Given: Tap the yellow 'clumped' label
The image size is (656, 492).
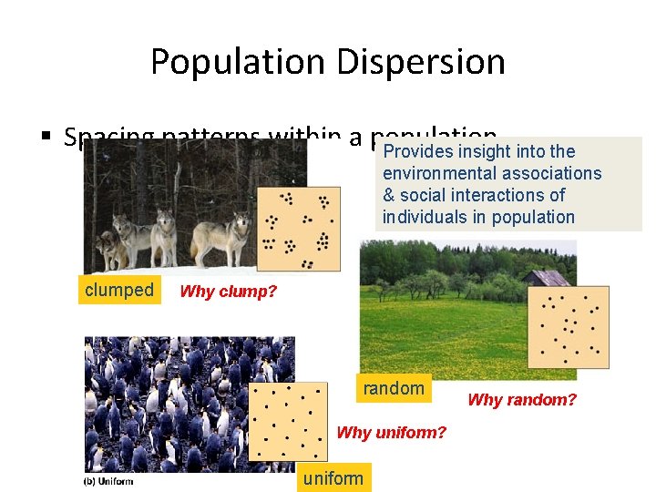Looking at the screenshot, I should point(119,290).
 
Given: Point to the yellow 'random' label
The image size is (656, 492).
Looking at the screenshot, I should point(394,388).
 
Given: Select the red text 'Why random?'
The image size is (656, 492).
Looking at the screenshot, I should point(522,399).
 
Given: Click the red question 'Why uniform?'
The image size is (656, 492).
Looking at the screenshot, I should point(392,432).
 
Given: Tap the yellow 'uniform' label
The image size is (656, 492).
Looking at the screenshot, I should point(333,478).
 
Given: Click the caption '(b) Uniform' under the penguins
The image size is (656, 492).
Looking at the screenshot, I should point(108,480).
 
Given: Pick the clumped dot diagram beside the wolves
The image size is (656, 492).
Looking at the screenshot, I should point(298,229).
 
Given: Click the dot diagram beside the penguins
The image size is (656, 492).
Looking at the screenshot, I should point(288,422).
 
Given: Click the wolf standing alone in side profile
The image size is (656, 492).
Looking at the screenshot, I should point(221,237).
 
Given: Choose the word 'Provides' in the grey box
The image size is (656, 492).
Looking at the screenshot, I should point(418,151).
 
